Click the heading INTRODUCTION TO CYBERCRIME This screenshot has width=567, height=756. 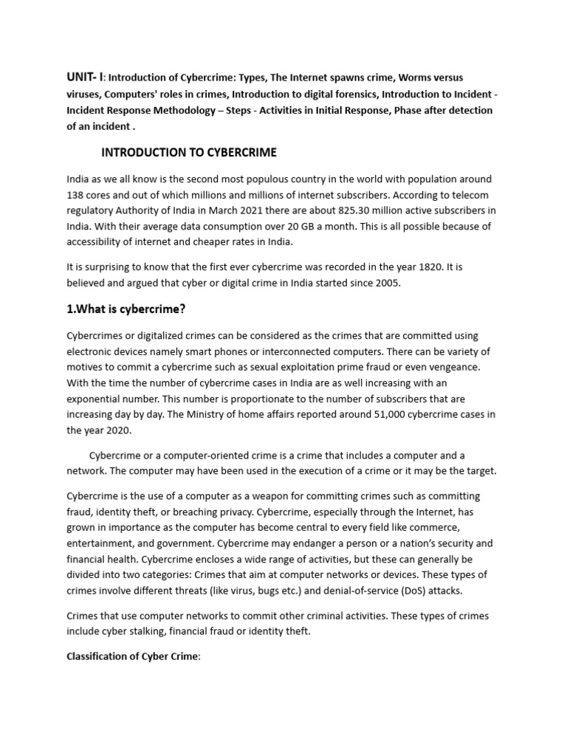tap(188, 153)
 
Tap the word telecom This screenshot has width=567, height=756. tap(473, 196)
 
